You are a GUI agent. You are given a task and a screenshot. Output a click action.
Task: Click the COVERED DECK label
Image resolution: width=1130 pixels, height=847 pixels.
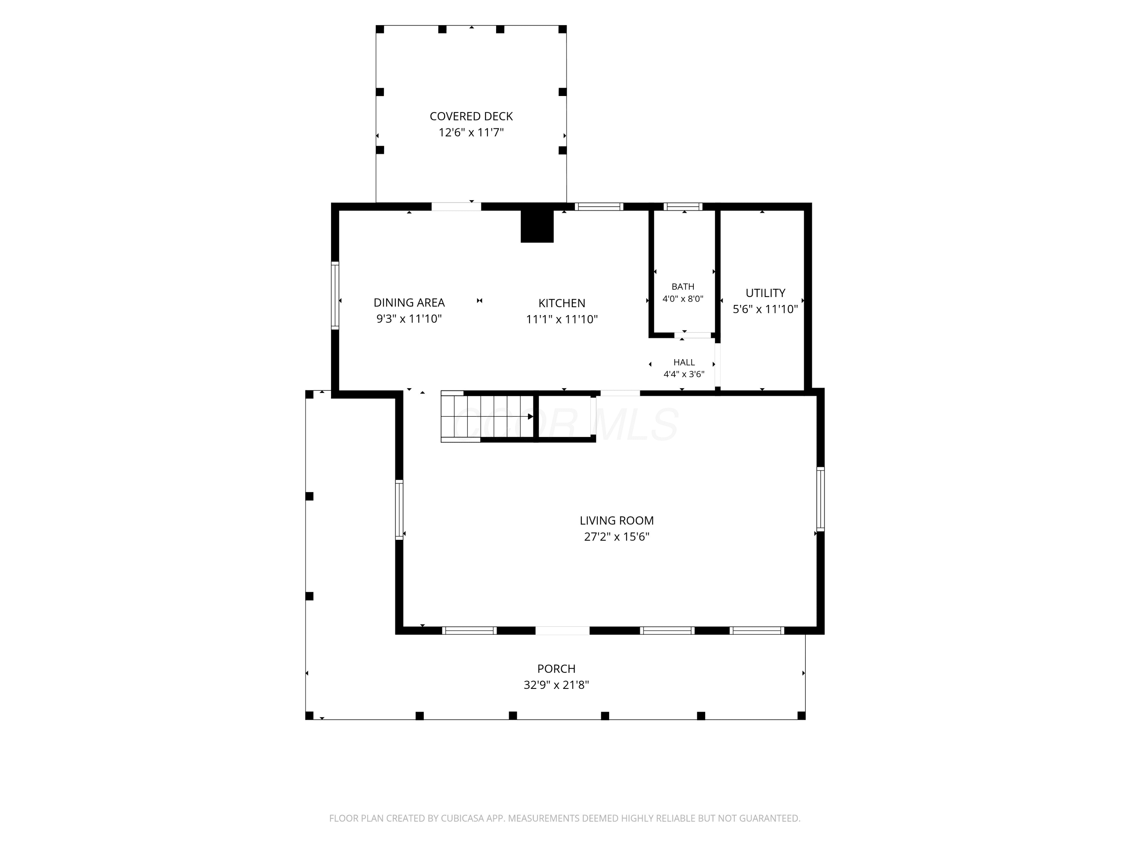(x=471, y=116)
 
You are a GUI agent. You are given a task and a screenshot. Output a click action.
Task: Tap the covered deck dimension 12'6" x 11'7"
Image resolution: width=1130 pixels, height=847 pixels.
(x=471, y=133)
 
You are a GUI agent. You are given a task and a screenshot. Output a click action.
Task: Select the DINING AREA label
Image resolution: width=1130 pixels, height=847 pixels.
(x=409, y=303)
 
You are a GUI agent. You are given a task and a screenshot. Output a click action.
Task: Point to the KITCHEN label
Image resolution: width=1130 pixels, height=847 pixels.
(x=562, y=303)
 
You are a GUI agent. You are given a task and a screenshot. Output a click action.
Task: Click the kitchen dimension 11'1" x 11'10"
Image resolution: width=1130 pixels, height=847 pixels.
(x=562, y=320)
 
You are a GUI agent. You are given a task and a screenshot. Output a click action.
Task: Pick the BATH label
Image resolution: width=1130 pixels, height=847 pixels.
(x=683, y=287)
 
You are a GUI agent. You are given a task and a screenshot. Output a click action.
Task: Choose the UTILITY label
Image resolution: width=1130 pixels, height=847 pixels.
(x=765, y=293)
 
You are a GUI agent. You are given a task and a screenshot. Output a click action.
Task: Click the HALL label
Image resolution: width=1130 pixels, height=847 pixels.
(x=684, y=363)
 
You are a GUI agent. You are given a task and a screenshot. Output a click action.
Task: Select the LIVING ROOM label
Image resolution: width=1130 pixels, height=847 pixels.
(x=617, y=521)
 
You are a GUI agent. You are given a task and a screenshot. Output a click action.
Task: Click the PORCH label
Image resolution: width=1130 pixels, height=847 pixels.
(x=556, y=669)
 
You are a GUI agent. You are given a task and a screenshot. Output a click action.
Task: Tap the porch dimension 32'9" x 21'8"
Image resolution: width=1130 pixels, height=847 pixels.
(x=556, y=685)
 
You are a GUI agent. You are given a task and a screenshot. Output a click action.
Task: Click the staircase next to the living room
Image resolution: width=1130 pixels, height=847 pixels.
(x=487, y=417)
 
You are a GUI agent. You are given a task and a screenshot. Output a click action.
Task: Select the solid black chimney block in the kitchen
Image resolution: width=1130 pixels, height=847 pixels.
(x=537, y=226)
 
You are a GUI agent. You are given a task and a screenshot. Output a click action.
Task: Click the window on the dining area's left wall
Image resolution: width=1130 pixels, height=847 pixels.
(x=335, y=296)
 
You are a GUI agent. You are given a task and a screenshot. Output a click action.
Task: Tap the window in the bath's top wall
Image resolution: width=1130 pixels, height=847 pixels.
(x=683, y=207)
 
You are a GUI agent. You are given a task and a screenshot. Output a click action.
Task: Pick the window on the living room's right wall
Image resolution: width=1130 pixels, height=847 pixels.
(x=820, y=499)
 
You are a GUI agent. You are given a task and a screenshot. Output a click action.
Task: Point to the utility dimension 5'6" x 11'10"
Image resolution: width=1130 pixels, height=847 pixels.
(x=765, y=309)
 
